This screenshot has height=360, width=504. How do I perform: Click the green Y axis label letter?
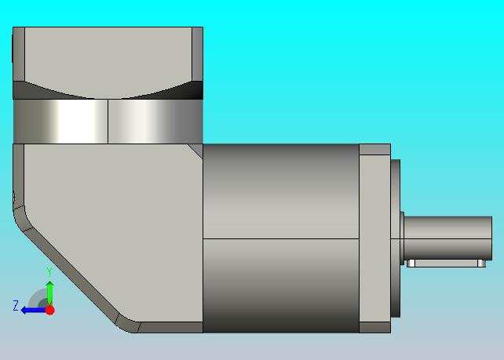tap(49, 272)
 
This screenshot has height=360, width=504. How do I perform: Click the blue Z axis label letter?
tap(16, 305)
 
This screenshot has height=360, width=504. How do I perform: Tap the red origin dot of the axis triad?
tap(49, 311)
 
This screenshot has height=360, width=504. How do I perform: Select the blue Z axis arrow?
tap(34, 311)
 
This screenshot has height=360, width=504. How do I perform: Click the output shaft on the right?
tap(447, 238)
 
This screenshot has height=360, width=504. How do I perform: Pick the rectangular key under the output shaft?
tap(446, 264)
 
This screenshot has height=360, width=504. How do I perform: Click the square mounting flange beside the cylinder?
tap(374, 238)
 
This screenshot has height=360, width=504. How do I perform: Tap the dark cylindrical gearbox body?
tap(281, 238)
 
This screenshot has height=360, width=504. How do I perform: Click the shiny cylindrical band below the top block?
tap(108, 121)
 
